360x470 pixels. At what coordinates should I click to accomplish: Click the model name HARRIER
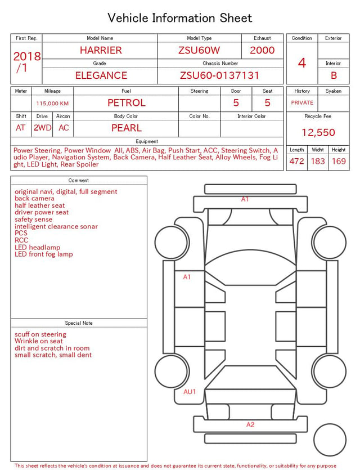click(x=101, y=50)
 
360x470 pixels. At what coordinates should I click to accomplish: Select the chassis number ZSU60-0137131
click(x=219, y=75)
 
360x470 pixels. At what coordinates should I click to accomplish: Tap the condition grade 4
click(x=302, y=63)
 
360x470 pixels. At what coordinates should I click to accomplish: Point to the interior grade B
click(x=334, y=75)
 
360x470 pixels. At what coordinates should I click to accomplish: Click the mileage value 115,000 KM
click(x=52, y=104)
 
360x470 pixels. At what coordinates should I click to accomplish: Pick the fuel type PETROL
click(x=127, y=103)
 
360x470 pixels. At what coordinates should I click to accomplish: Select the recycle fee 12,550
click(x=318, y=132)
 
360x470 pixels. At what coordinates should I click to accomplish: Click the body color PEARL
click(x=127, y=128)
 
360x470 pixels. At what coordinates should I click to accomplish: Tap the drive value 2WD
click(x=42, y=128)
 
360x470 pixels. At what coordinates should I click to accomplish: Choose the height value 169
click(x=339, y=161)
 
